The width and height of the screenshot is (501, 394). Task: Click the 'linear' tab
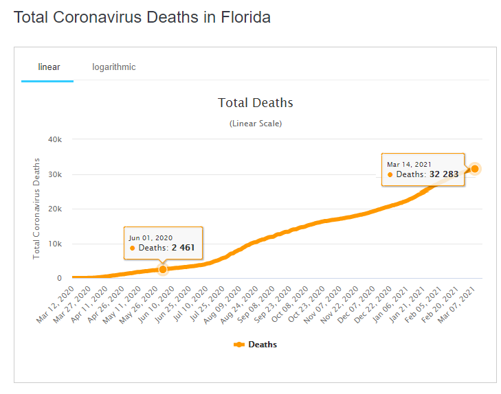point(49,67)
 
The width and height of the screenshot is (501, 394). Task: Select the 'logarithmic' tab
point(114,67)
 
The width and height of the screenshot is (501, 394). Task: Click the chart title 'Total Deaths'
point(256,103)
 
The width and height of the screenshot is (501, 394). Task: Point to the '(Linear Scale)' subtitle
point(256,124)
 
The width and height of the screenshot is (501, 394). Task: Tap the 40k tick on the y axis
point(56,139)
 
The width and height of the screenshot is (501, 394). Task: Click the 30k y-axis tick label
point(56,174)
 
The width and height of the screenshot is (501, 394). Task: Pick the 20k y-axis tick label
point(56,209)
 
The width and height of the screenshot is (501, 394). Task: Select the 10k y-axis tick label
point(56,244)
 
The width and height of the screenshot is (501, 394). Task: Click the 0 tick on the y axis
point(60,279)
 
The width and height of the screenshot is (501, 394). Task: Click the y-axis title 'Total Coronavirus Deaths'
point(37,208)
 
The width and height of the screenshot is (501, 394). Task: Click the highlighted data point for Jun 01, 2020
point(163,270)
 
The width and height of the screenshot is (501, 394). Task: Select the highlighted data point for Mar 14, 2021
point(474,169)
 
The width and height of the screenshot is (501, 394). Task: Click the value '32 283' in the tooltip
point(443,174)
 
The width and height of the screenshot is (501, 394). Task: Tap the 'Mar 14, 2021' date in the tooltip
point(410,164)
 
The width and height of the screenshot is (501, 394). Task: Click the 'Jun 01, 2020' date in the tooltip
point(152,237)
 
